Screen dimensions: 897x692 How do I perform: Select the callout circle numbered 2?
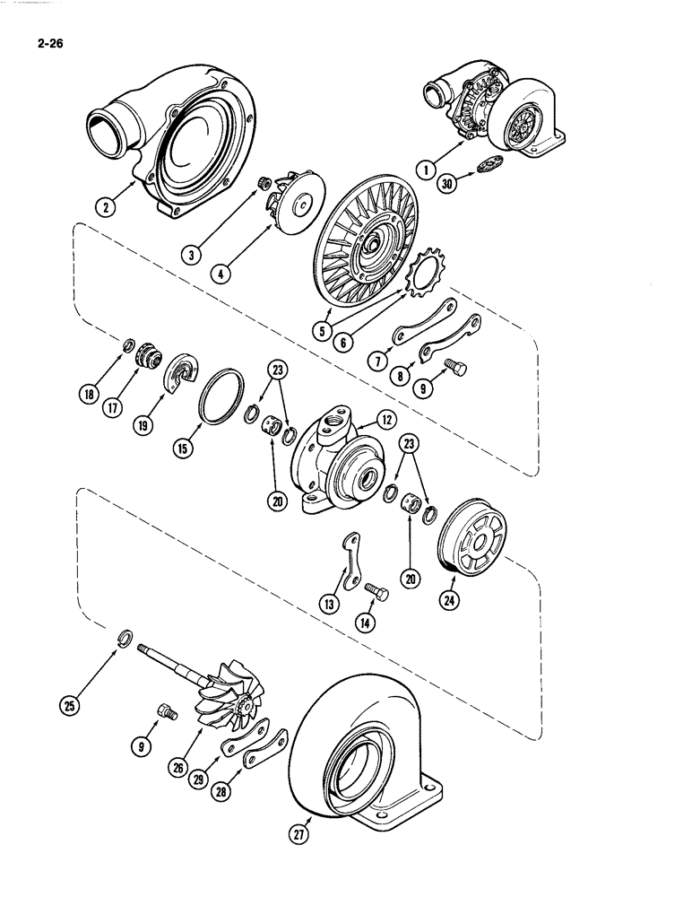pyautogui.click(x=107, y=208)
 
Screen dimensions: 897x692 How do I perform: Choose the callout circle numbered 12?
pyautogui.click(x=387, y=419)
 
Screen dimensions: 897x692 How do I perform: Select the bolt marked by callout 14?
pyautogui.click(x=376, y=590)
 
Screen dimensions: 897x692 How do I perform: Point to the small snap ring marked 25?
pyautogui.click(x=126, y=639)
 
